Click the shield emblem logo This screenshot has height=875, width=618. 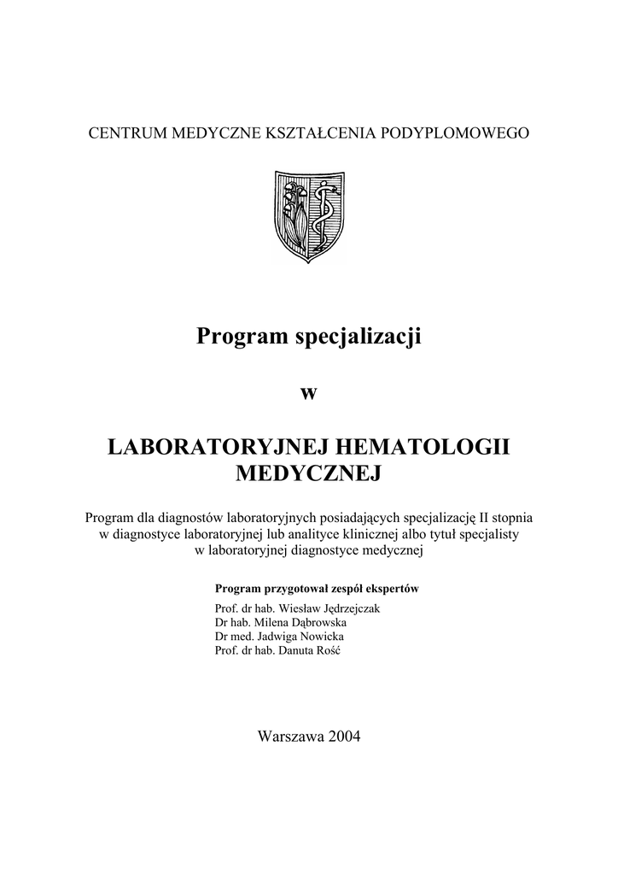tap(309, 216)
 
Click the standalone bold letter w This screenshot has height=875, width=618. tap(309, 392)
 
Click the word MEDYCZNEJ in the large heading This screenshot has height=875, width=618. tap(309, 473)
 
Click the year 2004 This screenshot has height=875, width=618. tap(343, 737)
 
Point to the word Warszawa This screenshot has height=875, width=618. tap(290, 737)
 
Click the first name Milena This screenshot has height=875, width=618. tap(272, 622)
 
